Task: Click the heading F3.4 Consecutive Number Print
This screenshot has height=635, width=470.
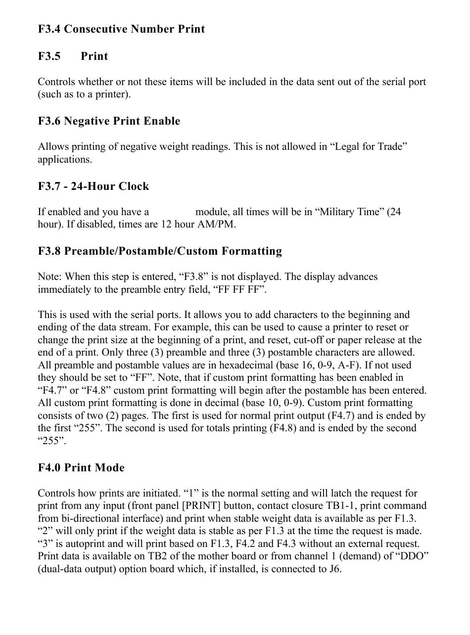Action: coord(121,29)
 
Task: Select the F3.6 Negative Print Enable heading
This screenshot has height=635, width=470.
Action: coord(109,121)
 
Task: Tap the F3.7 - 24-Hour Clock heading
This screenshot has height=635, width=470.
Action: coord(93,186)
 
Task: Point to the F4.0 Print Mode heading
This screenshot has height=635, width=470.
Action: coord(81,468)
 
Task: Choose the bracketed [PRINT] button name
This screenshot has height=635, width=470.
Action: coord(225,506)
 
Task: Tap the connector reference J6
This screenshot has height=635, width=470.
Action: coord(334,569)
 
